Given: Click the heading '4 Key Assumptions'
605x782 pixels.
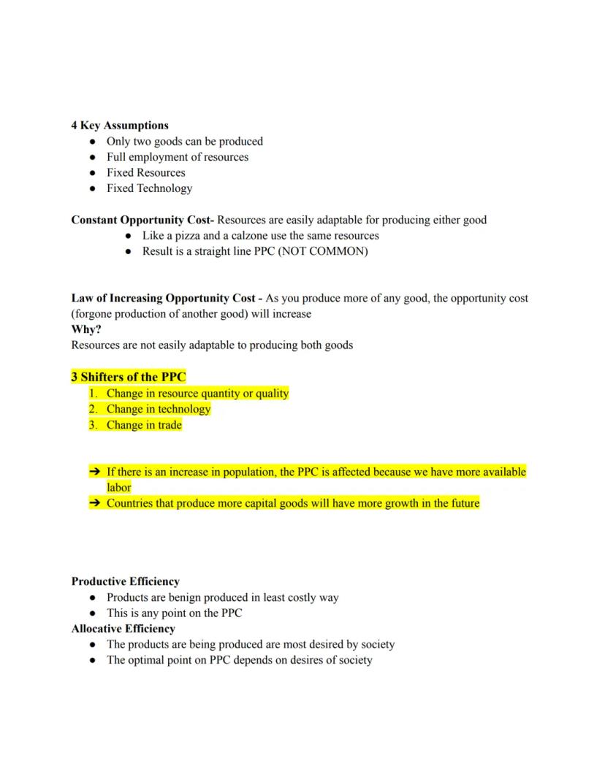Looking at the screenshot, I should coord(120,125).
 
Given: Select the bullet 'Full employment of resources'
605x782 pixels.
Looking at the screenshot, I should coord(178,157).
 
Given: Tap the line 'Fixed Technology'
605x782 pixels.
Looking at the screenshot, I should coord(149,188).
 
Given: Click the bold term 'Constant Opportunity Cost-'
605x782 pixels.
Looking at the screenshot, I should coord(142,220).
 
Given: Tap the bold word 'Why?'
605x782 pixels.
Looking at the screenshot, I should coord(86,329).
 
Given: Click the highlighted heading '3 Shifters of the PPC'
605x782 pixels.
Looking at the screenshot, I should coord(129,377).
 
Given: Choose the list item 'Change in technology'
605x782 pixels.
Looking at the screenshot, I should coord(159,409).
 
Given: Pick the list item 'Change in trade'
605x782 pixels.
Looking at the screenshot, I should coord(144,425).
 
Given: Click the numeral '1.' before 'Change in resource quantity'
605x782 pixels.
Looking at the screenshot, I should coord(94,394).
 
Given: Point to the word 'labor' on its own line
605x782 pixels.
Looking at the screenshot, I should coord(119,488).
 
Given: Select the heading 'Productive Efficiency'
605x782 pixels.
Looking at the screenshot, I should coord(126,581).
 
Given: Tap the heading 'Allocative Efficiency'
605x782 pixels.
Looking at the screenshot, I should coord(123,629).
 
